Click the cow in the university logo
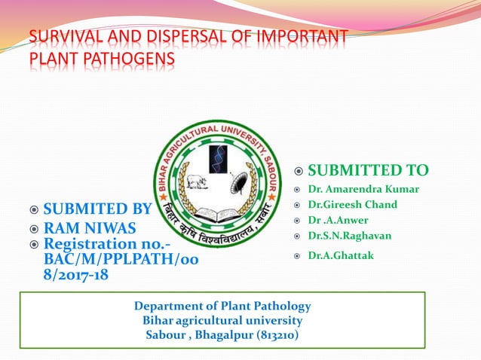tap(196, 182)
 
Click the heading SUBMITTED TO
tap(368, 170)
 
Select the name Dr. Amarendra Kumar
tap(363, 189)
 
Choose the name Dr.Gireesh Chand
tap(352, 205)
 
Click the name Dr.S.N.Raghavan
tap(349, 236)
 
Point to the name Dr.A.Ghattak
tap(341, 256)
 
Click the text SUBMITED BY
tap(97, 209)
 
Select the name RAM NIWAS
tap(90, 227)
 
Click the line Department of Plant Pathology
tap(222, 306)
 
